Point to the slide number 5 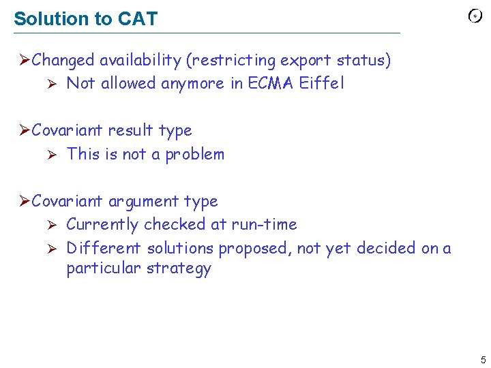tap(483, 359)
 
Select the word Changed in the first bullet tap(63, 61)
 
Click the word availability tap(140, 61)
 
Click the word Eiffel tap(322, 83)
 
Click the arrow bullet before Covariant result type tap(25, 130)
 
